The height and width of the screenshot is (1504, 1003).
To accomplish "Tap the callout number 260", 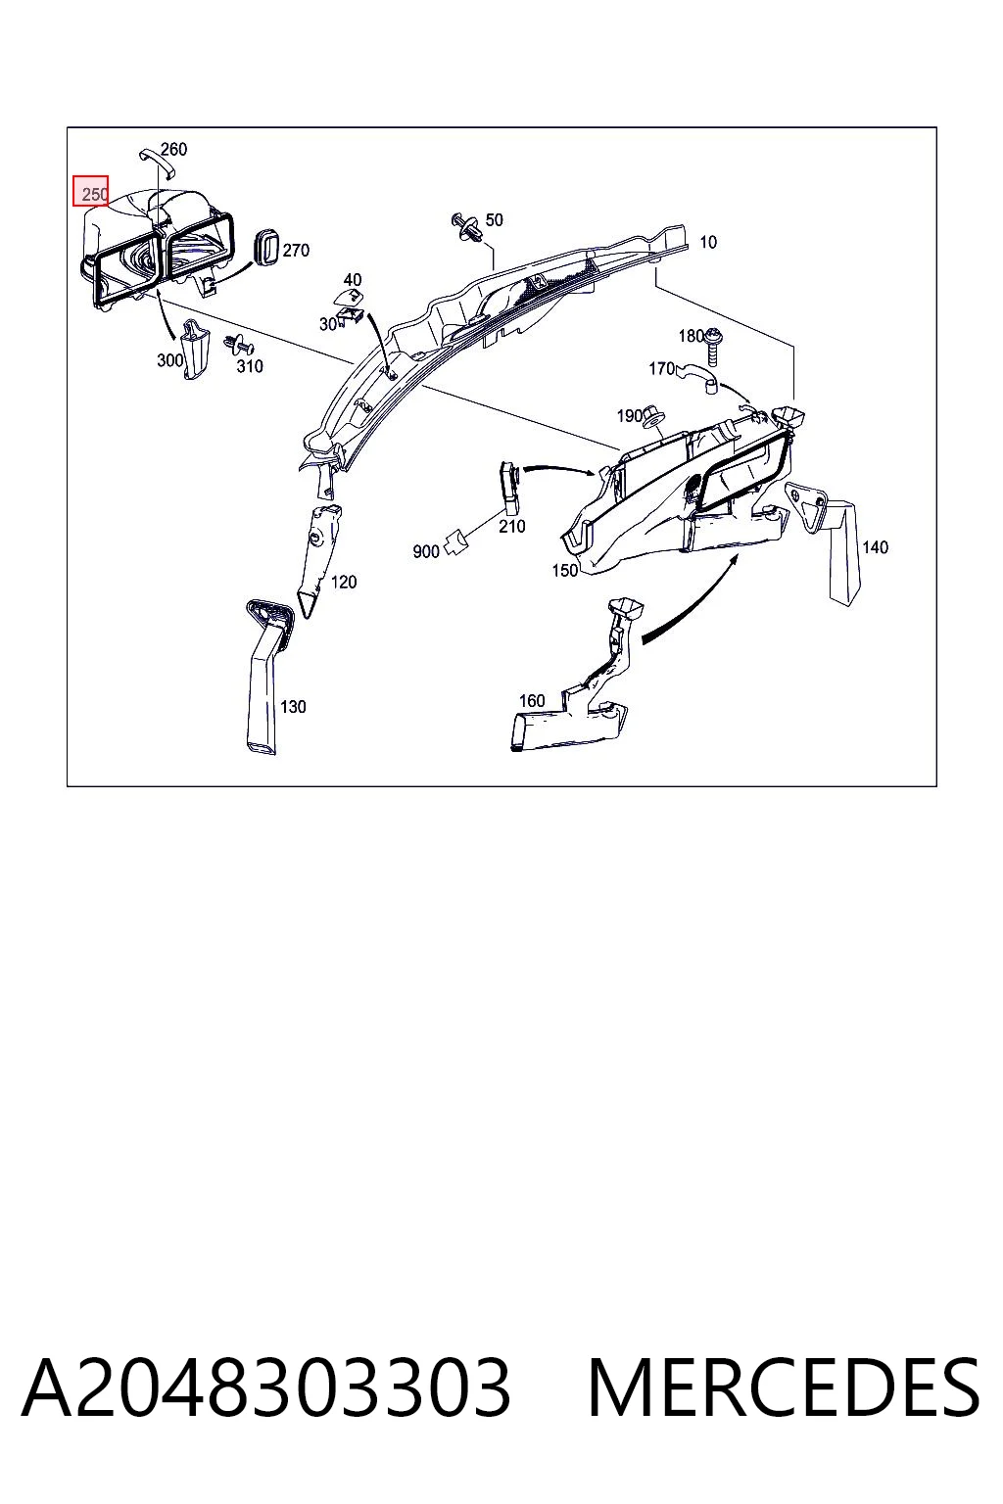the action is (173, 149).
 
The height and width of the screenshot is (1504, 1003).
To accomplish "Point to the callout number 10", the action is (708, 242).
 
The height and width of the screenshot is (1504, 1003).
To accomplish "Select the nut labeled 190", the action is (651, 418).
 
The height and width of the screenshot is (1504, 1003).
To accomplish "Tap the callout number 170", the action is (661, 368).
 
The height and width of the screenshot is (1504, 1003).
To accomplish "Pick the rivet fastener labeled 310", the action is (238, 345).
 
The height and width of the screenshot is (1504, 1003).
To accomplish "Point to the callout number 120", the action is (343, 582).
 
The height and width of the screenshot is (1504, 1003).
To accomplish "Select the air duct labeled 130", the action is (266, 675).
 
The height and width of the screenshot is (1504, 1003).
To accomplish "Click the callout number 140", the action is (875, 547).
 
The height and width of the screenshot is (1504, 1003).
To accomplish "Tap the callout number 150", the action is (564, 570).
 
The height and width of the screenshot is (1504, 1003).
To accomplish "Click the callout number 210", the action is (511, 527).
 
